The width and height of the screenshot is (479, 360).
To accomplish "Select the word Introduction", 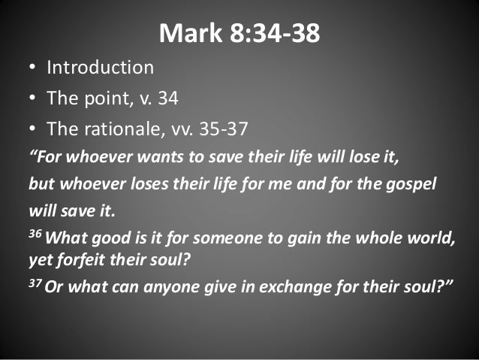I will click(x=100, y=67).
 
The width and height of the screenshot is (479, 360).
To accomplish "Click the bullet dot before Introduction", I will click(x=32, y=68).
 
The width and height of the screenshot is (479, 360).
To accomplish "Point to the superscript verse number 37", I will click(x=35, y=285).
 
